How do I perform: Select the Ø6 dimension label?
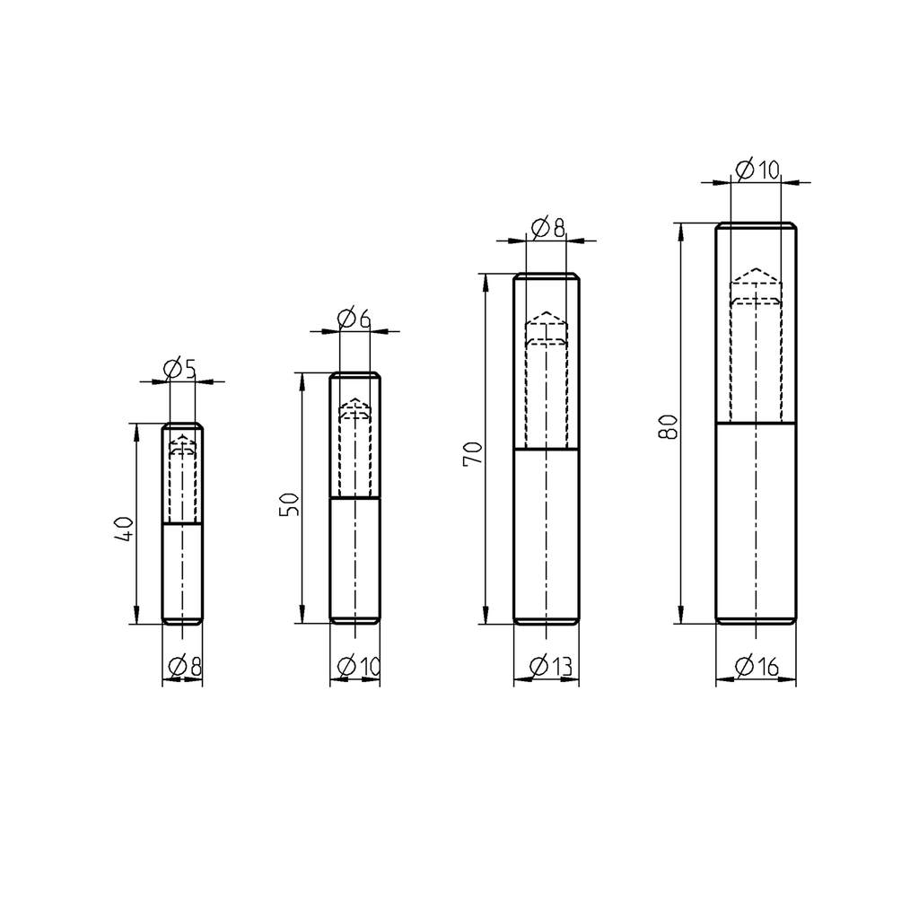click(353, 318)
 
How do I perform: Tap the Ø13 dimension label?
click(550, 667)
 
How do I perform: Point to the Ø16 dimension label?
click(756, 666)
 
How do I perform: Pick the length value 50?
click(289, 504)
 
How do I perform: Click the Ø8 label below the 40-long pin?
click(184, 667)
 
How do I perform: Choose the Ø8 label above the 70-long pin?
click(547, 228)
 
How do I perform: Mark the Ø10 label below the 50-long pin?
click(358, 667)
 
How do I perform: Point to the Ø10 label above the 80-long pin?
click(757, 169)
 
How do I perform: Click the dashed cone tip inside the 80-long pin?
click(756, 269)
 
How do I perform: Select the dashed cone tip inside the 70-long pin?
click(546, 313)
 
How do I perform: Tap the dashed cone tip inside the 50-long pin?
click(354, 398)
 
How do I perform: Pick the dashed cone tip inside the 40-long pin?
click(182, 434)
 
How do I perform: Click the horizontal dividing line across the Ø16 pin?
click(756, 423)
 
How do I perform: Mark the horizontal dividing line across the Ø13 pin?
click(546, 448)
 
